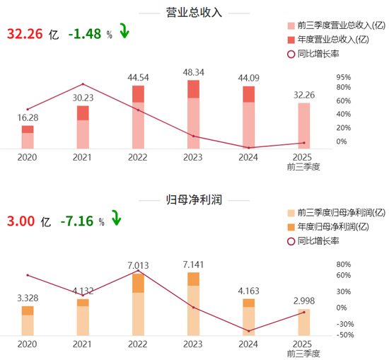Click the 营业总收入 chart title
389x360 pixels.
coord(194,13)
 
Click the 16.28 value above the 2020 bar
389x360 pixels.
coord(28,117)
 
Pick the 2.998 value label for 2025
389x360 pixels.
coord(303,301)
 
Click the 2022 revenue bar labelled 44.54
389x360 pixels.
coord(138,117)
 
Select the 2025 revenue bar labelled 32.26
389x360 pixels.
coord(303,126)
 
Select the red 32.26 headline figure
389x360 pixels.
coord(23,34)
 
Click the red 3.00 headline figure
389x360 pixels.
coord(21,221)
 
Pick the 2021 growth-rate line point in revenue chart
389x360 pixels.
coord(83,84)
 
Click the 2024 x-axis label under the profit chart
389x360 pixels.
coord(248,344)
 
